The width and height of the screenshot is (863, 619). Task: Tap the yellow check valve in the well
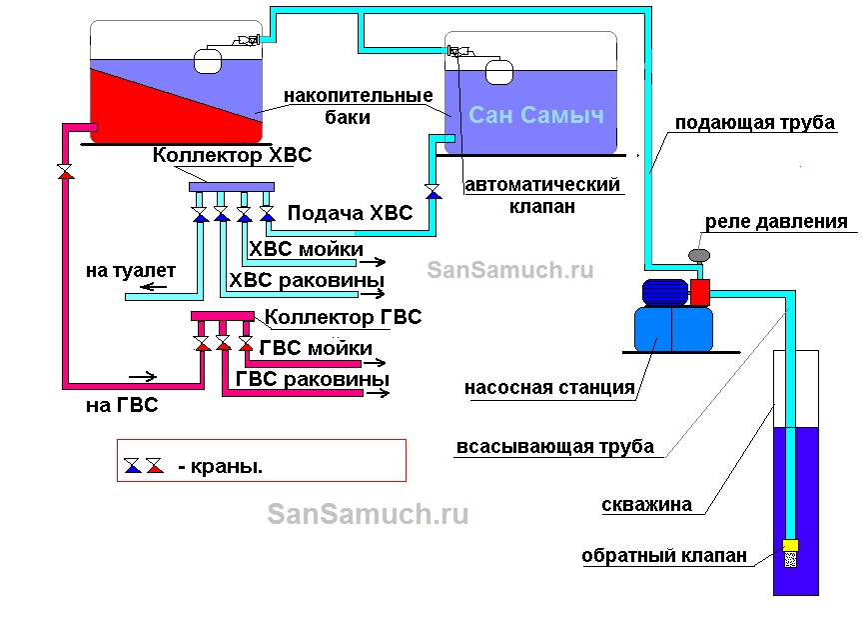(x=790, y=546)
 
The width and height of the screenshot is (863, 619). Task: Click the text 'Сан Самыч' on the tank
(x=536, y=115)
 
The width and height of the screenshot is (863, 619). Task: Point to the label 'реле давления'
(x=776, y=222)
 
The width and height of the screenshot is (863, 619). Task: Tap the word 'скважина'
(x=646, y=505)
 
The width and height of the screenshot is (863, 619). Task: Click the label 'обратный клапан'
(x=665, y=557)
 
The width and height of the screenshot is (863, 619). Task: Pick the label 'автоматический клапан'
(x=543, y=195)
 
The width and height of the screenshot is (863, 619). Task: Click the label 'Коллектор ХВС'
(x=232, y=156)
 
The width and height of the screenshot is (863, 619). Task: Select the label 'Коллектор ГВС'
(x=343, y=317)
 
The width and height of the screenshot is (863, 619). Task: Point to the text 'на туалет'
(x=129, y=270)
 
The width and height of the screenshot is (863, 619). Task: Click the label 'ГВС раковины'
(x=313, y=380)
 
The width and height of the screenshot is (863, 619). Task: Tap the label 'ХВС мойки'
(x=306, y=248)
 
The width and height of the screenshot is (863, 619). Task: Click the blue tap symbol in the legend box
(x=132, y=465)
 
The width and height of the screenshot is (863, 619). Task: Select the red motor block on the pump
(x=699, y=292)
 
